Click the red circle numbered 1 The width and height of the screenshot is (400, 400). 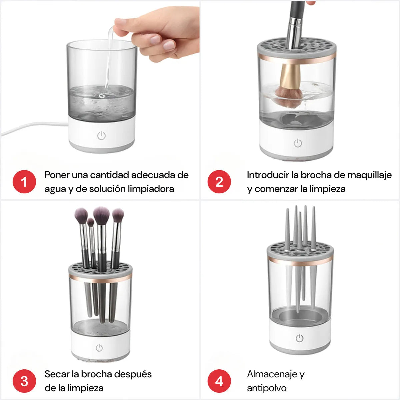[x=24, y=182]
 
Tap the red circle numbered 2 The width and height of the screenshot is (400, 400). [x=219, y=182]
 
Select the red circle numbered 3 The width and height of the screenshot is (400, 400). [x=24, y=381]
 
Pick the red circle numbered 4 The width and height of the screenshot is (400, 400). [x=219, y=381]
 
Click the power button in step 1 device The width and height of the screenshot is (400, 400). [x=101, y=136]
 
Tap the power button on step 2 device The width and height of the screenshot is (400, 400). [x=298, y=143]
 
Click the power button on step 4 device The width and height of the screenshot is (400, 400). [x=300, y=338]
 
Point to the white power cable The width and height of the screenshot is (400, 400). [x=33, y=126]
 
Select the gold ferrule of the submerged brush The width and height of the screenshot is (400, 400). [x=290, y=75]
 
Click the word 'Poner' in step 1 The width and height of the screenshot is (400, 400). [x=57, y=175]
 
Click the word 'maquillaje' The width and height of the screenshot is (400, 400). [x=369, y=175]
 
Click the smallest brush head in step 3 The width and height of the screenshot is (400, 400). [x=91, y=222]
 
